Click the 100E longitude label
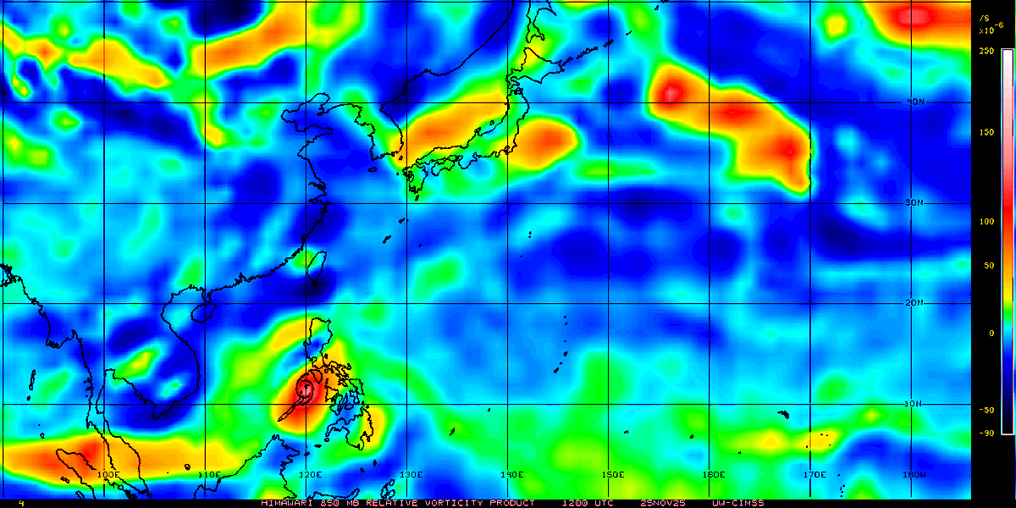pos(108,475)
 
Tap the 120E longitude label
pos(310,475)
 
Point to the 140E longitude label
pos(511,475)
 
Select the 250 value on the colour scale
pos(986,51)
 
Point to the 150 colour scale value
pos(986,133)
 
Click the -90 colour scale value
pos(986,433)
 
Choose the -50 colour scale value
pos(986,411)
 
